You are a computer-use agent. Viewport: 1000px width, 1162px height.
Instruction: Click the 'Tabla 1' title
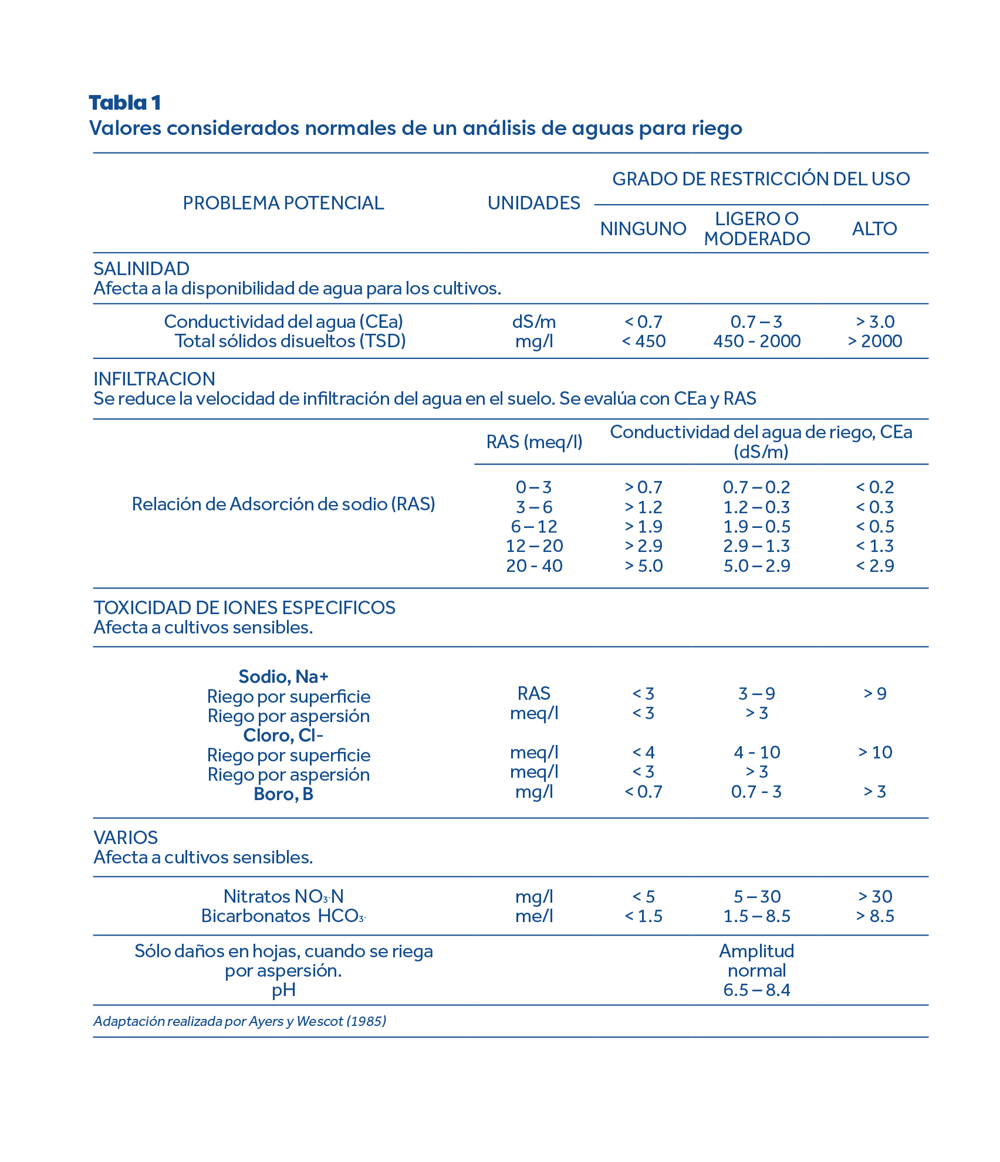[x=124, y=103]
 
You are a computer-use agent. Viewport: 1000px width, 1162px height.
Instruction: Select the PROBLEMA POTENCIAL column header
[x=283, y=203]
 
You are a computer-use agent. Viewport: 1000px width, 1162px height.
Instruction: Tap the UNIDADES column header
[x=533, y=203]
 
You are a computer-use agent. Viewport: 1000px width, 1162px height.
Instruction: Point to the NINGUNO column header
[x=643, y=229]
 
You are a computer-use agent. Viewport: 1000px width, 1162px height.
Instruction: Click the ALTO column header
[x=874, y=229]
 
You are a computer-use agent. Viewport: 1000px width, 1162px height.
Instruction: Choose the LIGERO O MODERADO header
[x=757, y=229]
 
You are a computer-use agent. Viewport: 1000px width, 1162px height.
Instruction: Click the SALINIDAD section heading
[x=141, y=269]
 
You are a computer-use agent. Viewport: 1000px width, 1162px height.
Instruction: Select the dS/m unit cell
[x=534, y=321]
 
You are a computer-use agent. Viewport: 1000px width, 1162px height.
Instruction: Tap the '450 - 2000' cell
[x=757, y=341]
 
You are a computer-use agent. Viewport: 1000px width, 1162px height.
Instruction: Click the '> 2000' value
[x=874, y=341]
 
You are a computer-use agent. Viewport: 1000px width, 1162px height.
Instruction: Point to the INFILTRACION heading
[x=154, y=379]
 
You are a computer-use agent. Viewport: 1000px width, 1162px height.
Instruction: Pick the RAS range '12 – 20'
[x=534, y=546]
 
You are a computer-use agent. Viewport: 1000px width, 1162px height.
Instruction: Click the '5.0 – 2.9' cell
[x=757, y=566]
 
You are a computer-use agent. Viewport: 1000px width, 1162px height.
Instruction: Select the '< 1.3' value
[x=874, y=546]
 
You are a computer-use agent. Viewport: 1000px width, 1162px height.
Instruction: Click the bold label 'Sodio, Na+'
[x=283, y=677]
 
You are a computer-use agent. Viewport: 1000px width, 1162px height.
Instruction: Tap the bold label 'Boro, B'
[x=283, y=794]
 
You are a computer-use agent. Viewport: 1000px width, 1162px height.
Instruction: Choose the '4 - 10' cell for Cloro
[x=757, y=753]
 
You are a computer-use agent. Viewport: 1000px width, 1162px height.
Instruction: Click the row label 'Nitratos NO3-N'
[x=283, y=897]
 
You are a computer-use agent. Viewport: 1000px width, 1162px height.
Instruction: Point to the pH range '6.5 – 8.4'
[x=757, y=991]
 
